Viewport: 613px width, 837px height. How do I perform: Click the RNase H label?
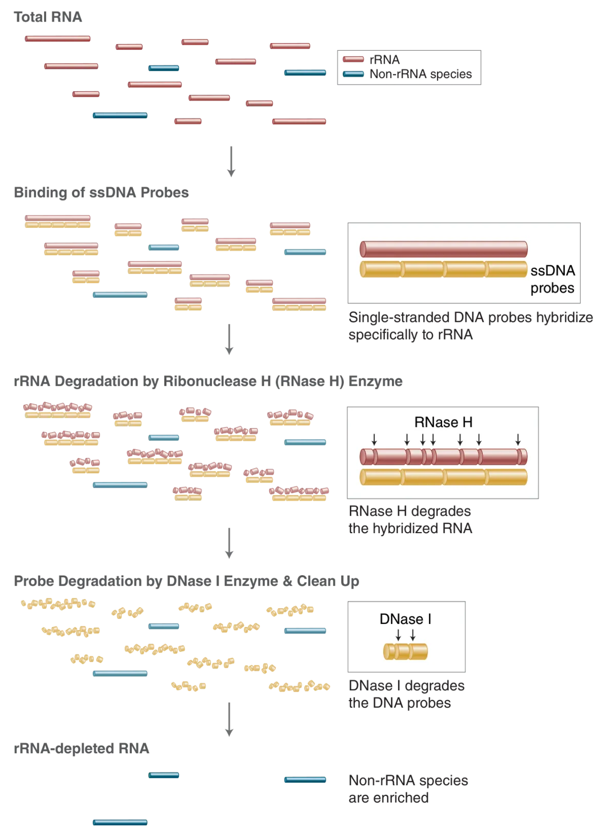[x=443, y=422]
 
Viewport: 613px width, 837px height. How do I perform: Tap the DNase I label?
[x=405, y=619]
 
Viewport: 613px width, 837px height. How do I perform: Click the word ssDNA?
[x=552, y=270]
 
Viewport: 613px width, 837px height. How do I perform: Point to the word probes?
[x=552, y=288]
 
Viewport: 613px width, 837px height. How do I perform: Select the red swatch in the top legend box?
[x=353, y=60]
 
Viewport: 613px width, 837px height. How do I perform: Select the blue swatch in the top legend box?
[x=353, y=74]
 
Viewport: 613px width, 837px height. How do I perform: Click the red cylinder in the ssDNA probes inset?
[x=443, y=249]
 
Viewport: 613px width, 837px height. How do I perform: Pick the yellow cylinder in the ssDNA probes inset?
[x=443, y=269]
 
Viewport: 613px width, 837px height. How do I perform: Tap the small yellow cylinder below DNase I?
[x=405, y=652]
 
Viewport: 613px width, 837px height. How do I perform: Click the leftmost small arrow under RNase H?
[x=374, y=439]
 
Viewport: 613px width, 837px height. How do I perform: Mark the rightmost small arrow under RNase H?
[x=518, y=439]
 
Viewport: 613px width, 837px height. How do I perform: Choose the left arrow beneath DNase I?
[x=398, y=635]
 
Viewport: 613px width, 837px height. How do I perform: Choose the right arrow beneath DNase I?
[x=412, y=635]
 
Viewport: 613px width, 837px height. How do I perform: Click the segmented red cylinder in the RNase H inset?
[x=443, y=456]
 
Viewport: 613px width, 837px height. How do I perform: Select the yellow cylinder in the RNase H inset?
[x=443, y=477]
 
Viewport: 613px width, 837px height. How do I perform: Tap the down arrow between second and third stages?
[x=229, y=339]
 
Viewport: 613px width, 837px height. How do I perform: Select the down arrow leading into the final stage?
[x=229, y=720]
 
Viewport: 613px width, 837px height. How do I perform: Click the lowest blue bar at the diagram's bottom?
[x=120, y=823]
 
